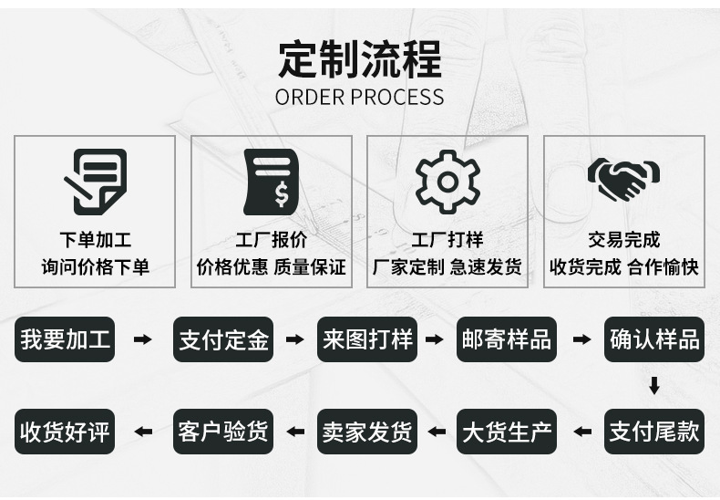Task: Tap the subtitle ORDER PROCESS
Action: (x=359, y=97)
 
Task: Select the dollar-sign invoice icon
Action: (x=271, y=181)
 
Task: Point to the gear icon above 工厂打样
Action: (x=447, y=181)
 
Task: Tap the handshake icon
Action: (x=623, y=179)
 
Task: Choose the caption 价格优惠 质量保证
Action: (x=271, y=267)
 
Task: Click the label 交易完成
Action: (x=623, y=240)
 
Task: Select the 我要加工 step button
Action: (x=66, y=340)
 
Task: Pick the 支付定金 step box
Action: (x=223, y=340)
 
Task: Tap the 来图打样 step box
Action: (x=366, y=340)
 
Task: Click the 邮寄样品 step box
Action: (x=506, y=340)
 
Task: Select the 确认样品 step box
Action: (x=653, y=340)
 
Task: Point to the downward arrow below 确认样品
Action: (x=653, y=386)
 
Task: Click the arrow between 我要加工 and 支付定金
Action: (x=143, y=340)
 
